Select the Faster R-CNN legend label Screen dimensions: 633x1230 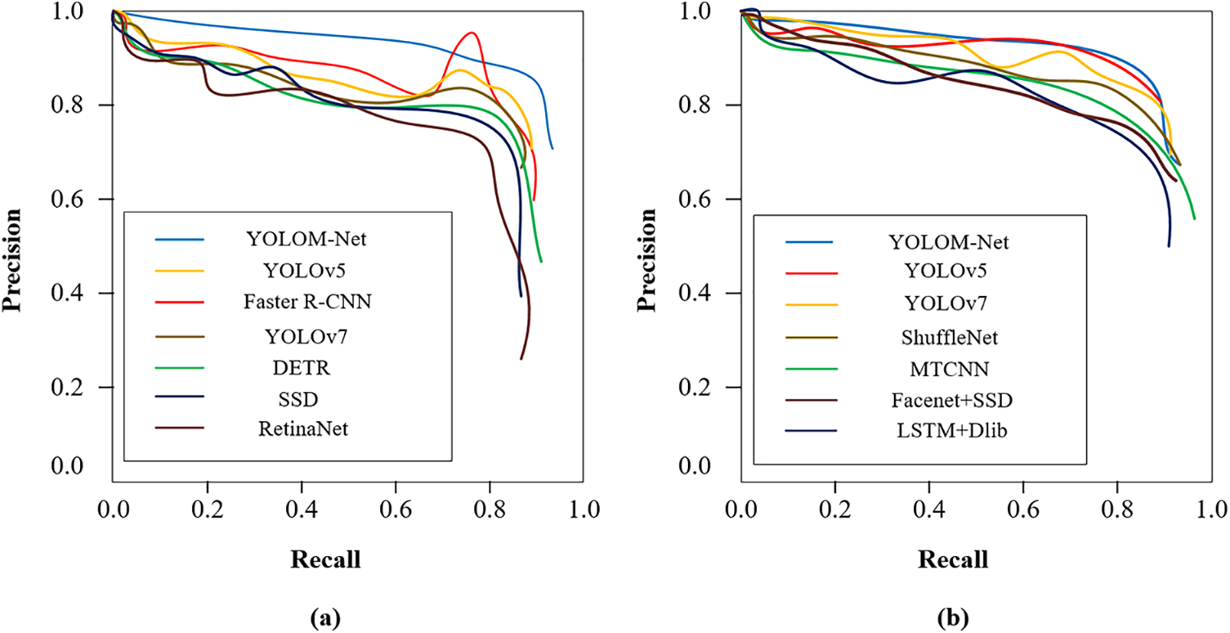click(x=306, y=301)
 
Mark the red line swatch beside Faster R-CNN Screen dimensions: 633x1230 click(x=178, y=301)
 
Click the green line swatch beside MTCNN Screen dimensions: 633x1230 click(x=809, y=369)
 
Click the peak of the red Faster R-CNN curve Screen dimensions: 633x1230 click(x=472, y=33)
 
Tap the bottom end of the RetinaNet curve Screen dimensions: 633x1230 click(x=521, y=358)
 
